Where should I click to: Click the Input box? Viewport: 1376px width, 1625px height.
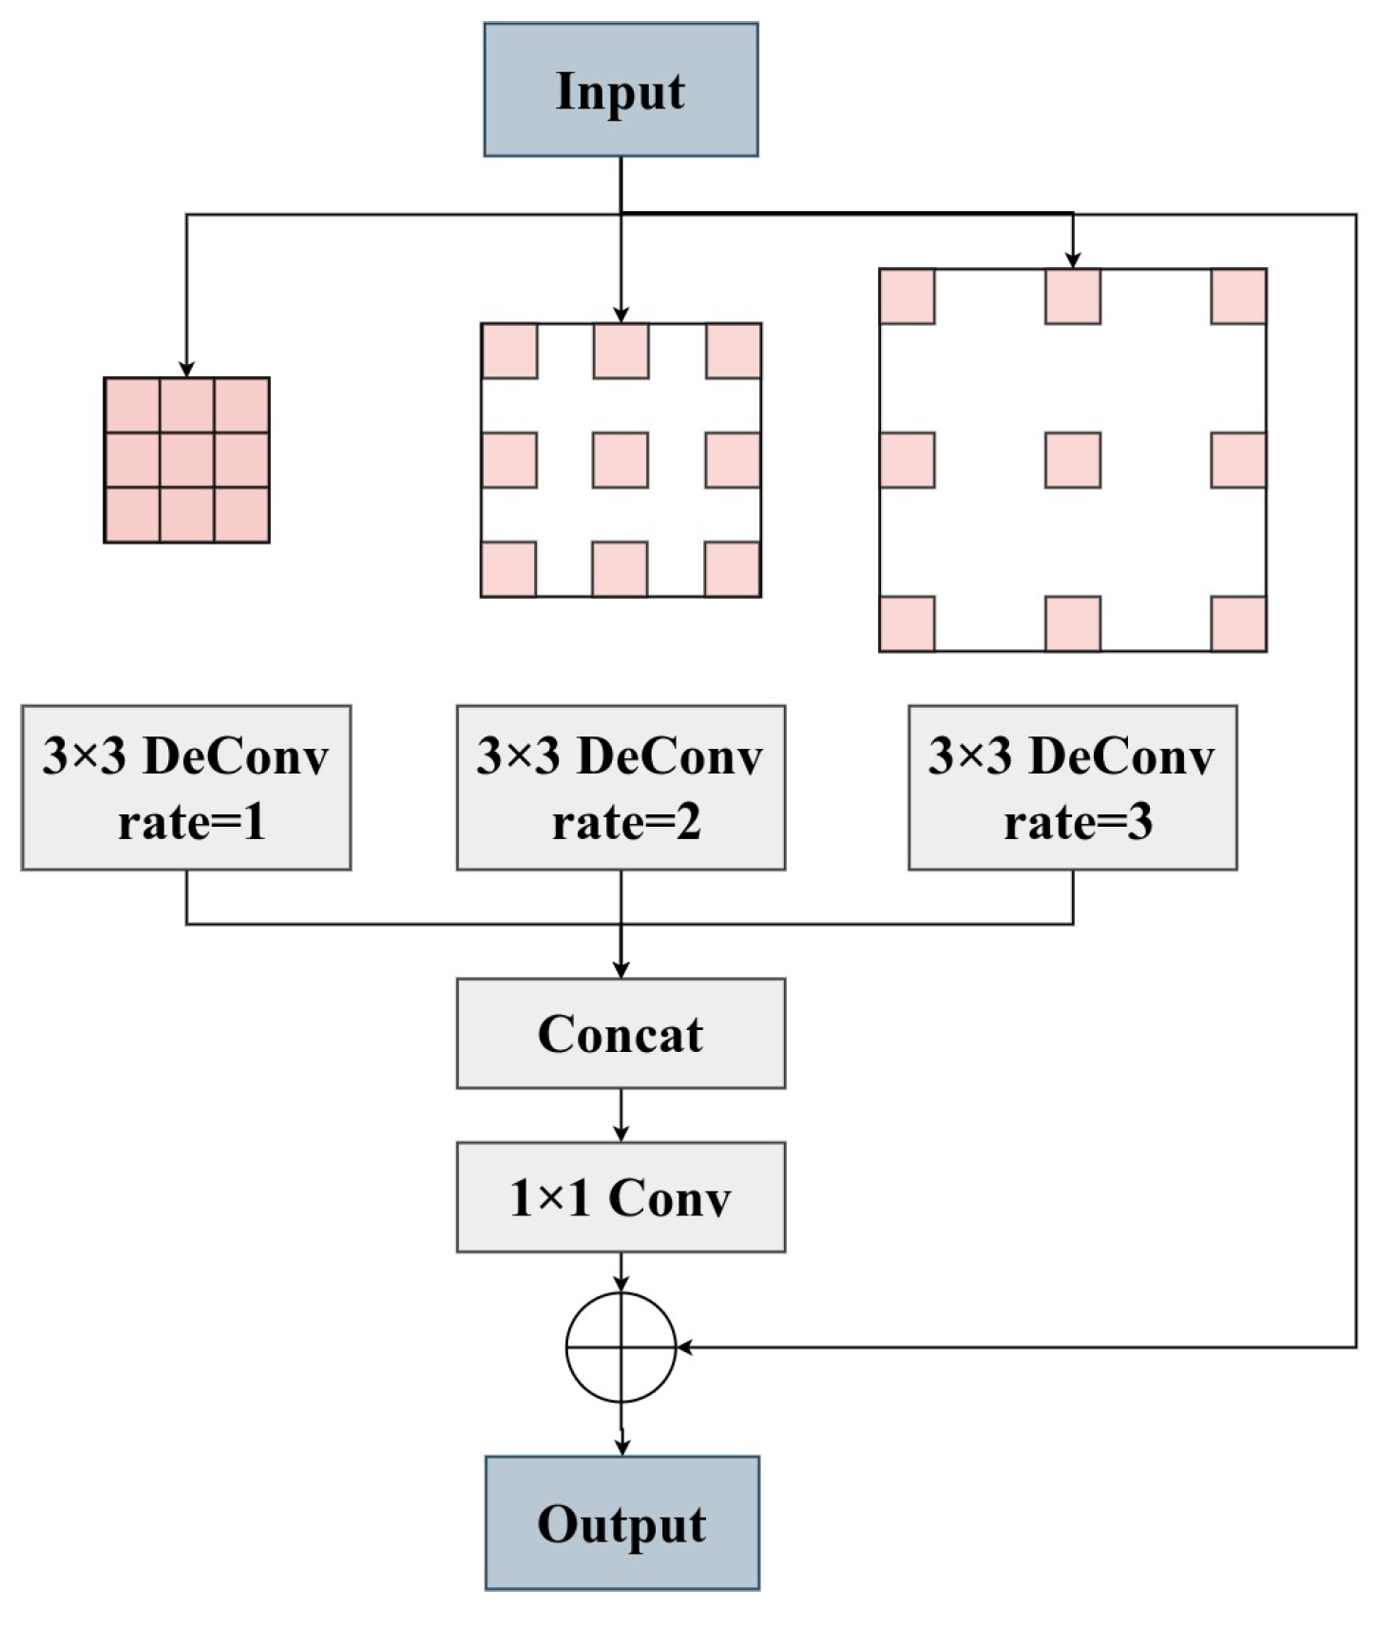621,89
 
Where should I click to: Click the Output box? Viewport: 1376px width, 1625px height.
621,1522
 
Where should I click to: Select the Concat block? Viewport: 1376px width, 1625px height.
621,1033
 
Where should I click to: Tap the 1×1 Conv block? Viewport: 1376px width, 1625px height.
621,1196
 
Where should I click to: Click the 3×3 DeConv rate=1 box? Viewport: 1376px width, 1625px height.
186,787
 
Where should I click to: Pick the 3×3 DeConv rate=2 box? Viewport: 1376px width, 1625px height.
621,787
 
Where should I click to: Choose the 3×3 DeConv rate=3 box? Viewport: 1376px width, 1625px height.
1072,787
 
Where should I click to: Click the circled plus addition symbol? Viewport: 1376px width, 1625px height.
621,1347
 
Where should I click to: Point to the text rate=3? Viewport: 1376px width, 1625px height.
1078,821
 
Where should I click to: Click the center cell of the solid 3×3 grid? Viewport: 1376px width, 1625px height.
186,460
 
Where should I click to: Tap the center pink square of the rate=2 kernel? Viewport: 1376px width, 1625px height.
621,460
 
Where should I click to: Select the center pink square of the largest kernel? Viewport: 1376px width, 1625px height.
1073,460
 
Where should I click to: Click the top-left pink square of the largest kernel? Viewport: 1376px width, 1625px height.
908,296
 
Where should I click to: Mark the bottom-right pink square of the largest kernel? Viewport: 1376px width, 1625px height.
1238,623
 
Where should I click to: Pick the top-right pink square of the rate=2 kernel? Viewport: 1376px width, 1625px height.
733,351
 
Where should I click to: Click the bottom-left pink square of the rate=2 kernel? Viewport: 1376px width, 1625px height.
508,568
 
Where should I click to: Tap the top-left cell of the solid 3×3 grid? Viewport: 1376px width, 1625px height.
132,406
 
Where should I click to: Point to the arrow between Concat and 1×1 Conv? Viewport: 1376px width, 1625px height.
621,1116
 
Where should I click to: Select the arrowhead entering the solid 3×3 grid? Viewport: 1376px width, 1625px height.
186,369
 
